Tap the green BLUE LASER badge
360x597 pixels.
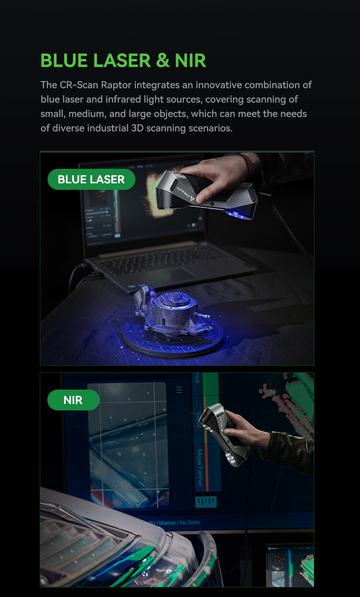91,179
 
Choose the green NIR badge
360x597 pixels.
73,400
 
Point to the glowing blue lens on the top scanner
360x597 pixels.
240,215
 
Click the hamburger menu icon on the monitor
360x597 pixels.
179,390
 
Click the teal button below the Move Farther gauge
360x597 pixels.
205,501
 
